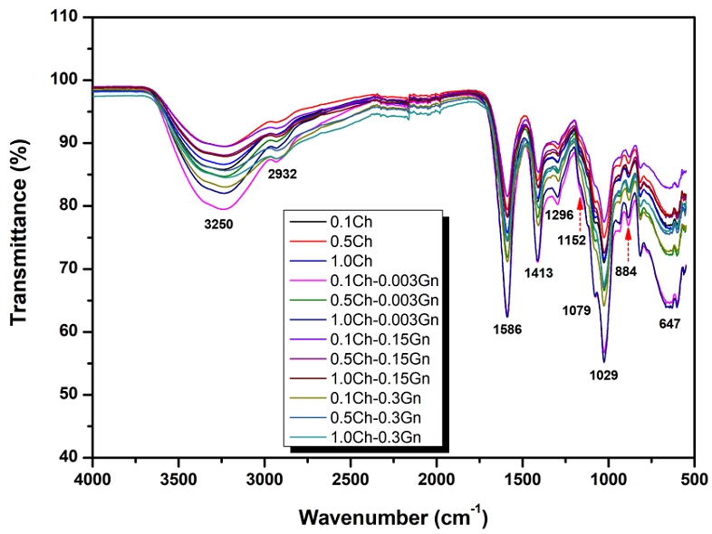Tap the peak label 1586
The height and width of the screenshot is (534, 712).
click(519, 329)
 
